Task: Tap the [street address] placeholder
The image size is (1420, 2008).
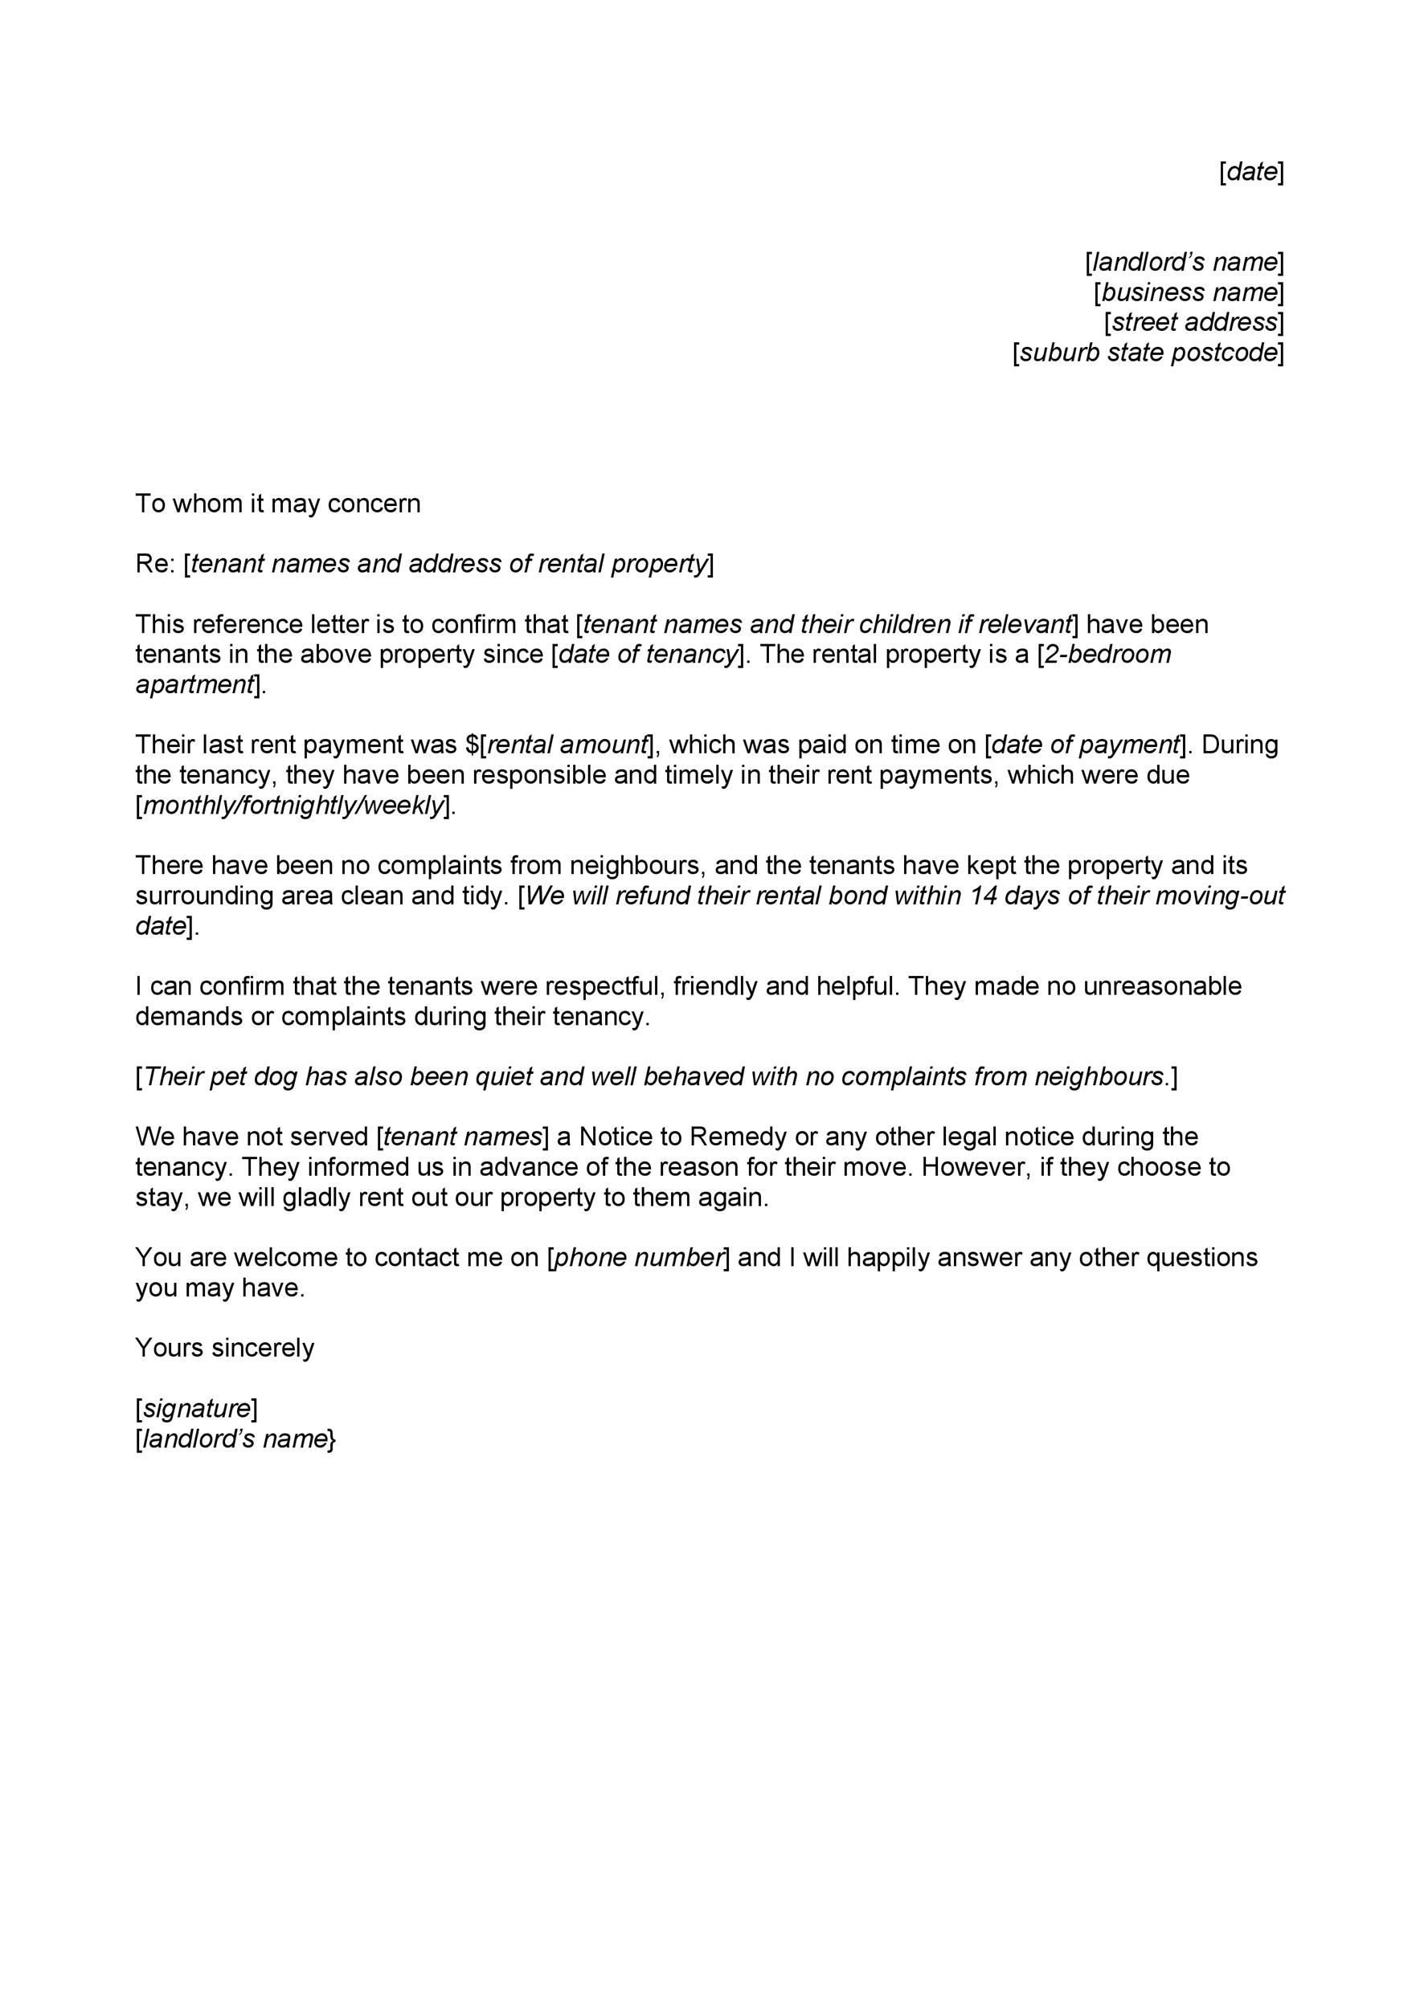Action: pos(1193,323)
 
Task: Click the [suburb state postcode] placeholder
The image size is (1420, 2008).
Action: pos(1148,353)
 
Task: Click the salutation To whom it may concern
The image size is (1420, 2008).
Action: pos(277,504)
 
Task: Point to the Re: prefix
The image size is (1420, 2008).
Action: pos(155,564)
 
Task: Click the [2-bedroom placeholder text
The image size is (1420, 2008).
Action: pos(1104,654)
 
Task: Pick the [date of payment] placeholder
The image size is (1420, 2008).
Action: pos(1085,745)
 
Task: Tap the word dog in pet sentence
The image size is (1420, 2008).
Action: pos(275,1076)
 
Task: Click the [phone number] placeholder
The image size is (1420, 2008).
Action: pos(638,1258)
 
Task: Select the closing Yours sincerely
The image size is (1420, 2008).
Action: pos(224,1348)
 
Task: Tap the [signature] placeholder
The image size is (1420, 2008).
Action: pos(196,1408)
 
